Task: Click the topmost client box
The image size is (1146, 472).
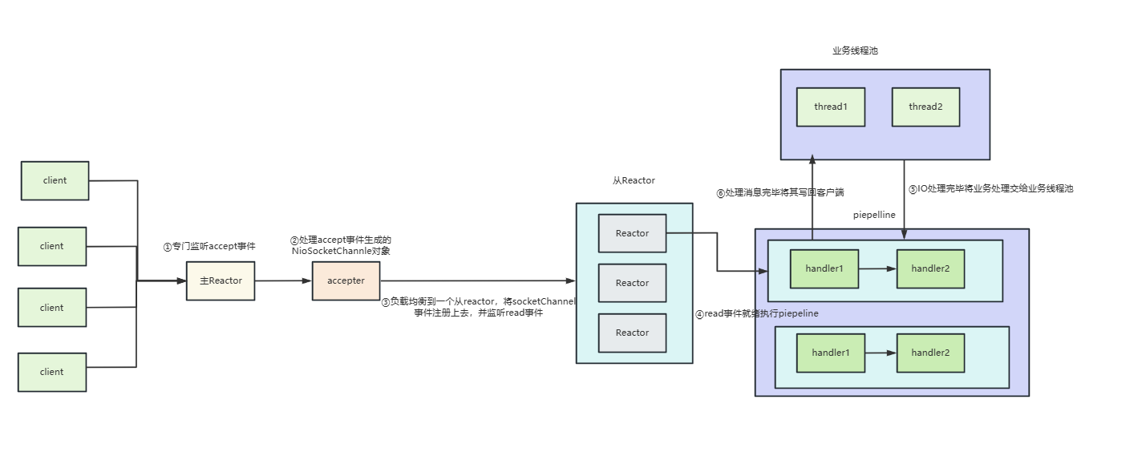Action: (55, 181)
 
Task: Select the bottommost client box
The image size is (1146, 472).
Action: (52, 372)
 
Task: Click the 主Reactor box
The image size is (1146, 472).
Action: (221, 281)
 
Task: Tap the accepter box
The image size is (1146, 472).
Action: (346, 281)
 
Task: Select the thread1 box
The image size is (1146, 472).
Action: (830, 107)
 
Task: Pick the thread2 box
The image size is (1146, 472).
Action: (925, 107)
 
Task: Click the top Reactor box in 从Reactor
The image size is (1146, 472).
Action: (632, 233)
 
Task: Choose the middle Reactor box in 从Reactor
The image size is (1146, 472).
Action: (632, 283)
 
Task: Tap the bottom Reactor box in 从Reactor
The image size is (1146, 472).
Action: (632, 333)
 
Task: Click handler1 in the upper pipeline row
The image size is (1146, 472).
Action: (824, 269)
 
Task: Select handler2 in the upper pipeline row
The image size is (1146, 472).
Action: (930, 269)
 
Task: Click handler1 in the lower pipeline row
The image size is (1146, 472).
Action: (830, 353)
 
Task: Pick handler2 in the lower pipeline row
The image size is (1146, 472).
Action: (930, 353)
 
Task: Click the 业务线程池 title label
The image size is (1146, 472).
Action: (855, 50)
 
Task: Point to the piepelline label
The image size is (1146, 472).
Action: (874, 215)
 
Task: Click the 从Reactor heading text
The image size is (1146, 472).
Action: (634, 181)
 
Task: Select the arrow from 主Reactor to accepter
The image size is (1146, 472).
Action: (283, 280)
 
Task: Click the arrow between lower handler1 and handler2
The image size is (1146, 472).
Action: (881, 353)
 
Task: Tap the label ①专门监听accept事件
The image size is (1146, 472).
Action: (209, 247)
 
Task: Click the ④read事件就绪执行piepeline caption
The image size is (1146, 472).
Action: (756, 314)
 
